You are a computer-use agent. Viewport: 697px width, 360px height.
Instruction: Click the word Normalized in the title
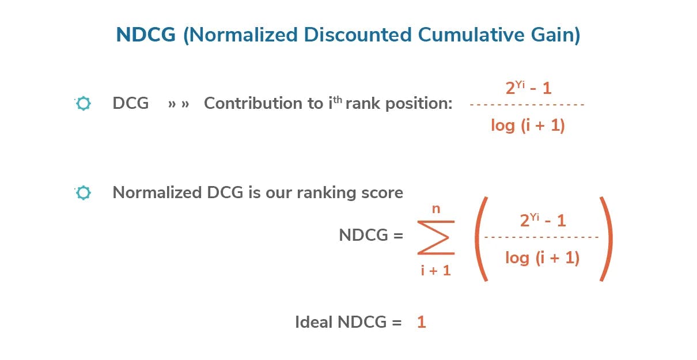tap(244, 35)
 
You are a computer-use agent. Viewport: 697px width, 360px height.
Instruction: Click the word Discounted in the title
tap(358, 35)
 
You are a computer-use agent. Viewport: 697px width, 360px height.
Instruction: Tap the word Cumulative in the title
tap(471, 35)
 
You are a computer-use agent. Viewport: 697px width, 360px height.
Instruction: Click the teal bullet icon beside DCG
tap(83, 103)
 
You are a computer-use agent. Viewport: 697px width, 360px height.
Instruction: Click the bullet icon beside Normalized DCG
tap(83, 192)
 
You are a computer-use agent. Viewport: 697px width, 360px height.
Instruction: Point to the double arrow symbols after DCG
tap(179, 104)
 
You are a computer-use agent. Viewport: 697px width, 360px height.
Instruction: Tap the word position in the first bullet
tap(419, 104)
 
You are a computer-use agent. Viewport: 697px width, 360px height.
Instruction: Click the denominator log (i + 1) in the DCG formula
tap(528, 126)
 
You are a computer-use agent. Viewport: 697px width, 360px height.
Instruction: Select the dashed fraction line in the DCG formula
tap(527, 105)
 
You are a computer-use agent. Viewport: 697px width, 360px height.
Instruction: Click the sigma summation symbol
tap(436, 237)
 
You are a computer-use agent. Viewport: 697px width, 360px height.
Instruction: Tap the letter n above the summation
tap(436, 209)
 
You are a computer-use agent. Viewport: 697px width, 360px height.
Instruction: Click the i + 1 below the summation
tap(435, 270)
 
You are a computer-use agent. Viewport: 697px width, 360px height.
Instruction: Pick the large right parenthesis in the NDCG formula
tap(607, 239)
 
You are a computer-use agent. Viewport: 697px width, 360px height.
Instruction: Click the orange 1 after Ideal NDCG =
tap(422, 322)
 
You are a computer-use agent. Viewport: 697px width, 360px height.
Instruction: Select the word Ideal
tap(313, 322)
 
